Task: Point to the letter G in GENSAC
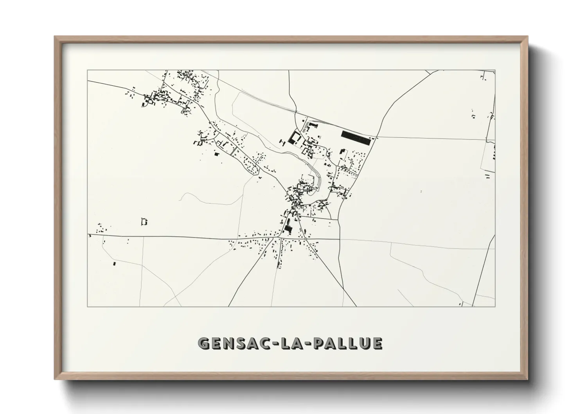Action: coord(204,343)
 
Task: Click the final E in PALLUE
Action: coord(377,343)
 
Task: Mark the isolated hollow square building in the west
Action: coord(144,222)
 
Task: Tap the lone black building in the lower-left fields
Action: coord(115,264)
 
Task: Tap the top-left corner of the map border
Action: coord(87,70)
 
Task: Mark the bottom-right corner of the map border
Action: coord(495,306)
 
